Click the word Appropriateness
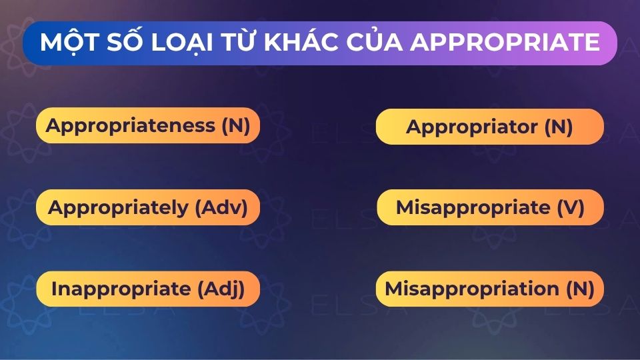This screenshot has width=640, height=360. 131,126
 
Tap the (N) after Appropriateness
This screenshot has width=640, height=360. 235,126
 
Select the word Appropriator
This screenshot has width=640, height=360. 472,127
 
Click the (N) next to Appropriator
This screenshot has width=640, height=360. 558,127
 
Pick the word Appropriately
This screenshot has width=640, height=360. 119,207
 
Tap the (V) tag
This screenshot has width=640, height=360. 570,207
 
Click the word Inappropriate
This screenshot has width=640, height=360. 121,289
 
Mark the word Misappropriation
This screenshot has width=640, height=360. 472,289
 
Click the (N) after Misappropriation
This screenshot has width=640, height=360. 579,289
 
